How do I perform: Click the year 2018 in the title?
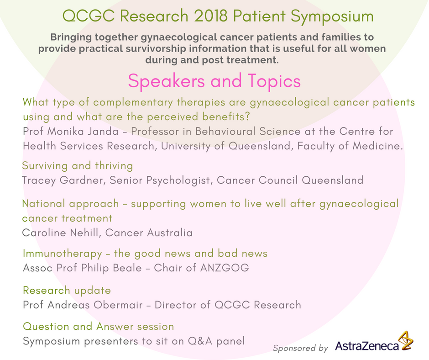(x=211, y=16)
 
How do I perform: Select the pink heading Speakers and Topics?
(x=214, y=81)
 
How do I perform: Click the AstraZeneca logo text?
(x=367, y=346)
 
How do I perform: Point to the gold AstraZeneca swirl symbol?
(x=405, y=340)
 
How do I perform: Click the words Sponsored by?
(x=300, y=348)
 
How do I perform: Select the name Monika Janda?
(x=83, y=131)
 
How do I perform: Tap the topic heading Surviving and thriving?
(x=78, y=166)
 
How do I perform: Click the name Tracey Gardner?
(x=63, y=180)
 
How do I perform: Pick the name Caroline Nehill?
(x=60, y=233)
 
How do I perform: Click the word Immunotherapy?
(x=63, y=254)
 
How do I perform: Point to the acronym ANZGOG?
(x=225, y=268)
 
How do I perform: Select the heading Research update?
(x=67, y=291)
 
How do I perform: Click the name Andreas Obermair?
(x=95, y=305)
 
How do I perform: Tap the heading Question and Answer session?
(x=99, y=327)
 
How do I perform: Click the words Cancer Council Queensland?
(x=290, y=180)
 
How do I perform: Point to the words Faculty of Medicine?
(x=350, y=146)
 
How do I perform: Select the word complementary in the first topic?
(x=133, y=102)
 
